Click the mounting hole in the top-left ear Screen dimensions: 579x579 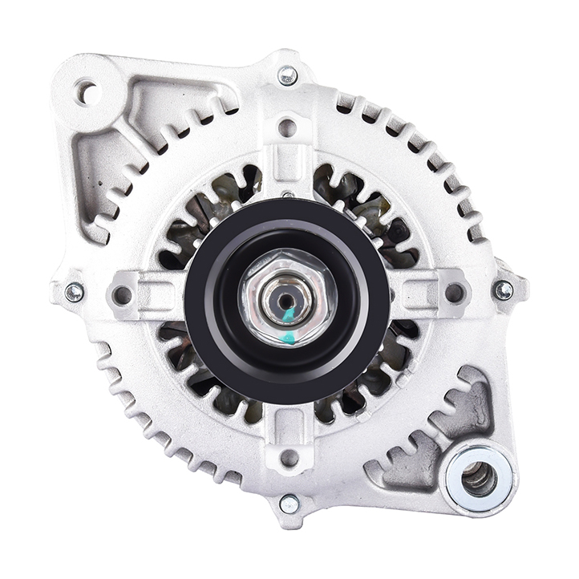click(87, 93)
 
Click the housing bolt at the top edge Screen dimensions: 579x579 click(288, 76)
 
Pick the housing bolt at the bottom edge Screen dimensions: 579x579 click(289, 504)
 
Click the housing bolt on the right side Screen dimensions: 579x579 click(504, 290)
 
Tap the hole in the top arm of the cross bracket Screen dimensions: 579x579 click(288, 128)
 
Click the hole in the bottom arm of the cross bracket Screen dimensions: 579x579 click(289, 458)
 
